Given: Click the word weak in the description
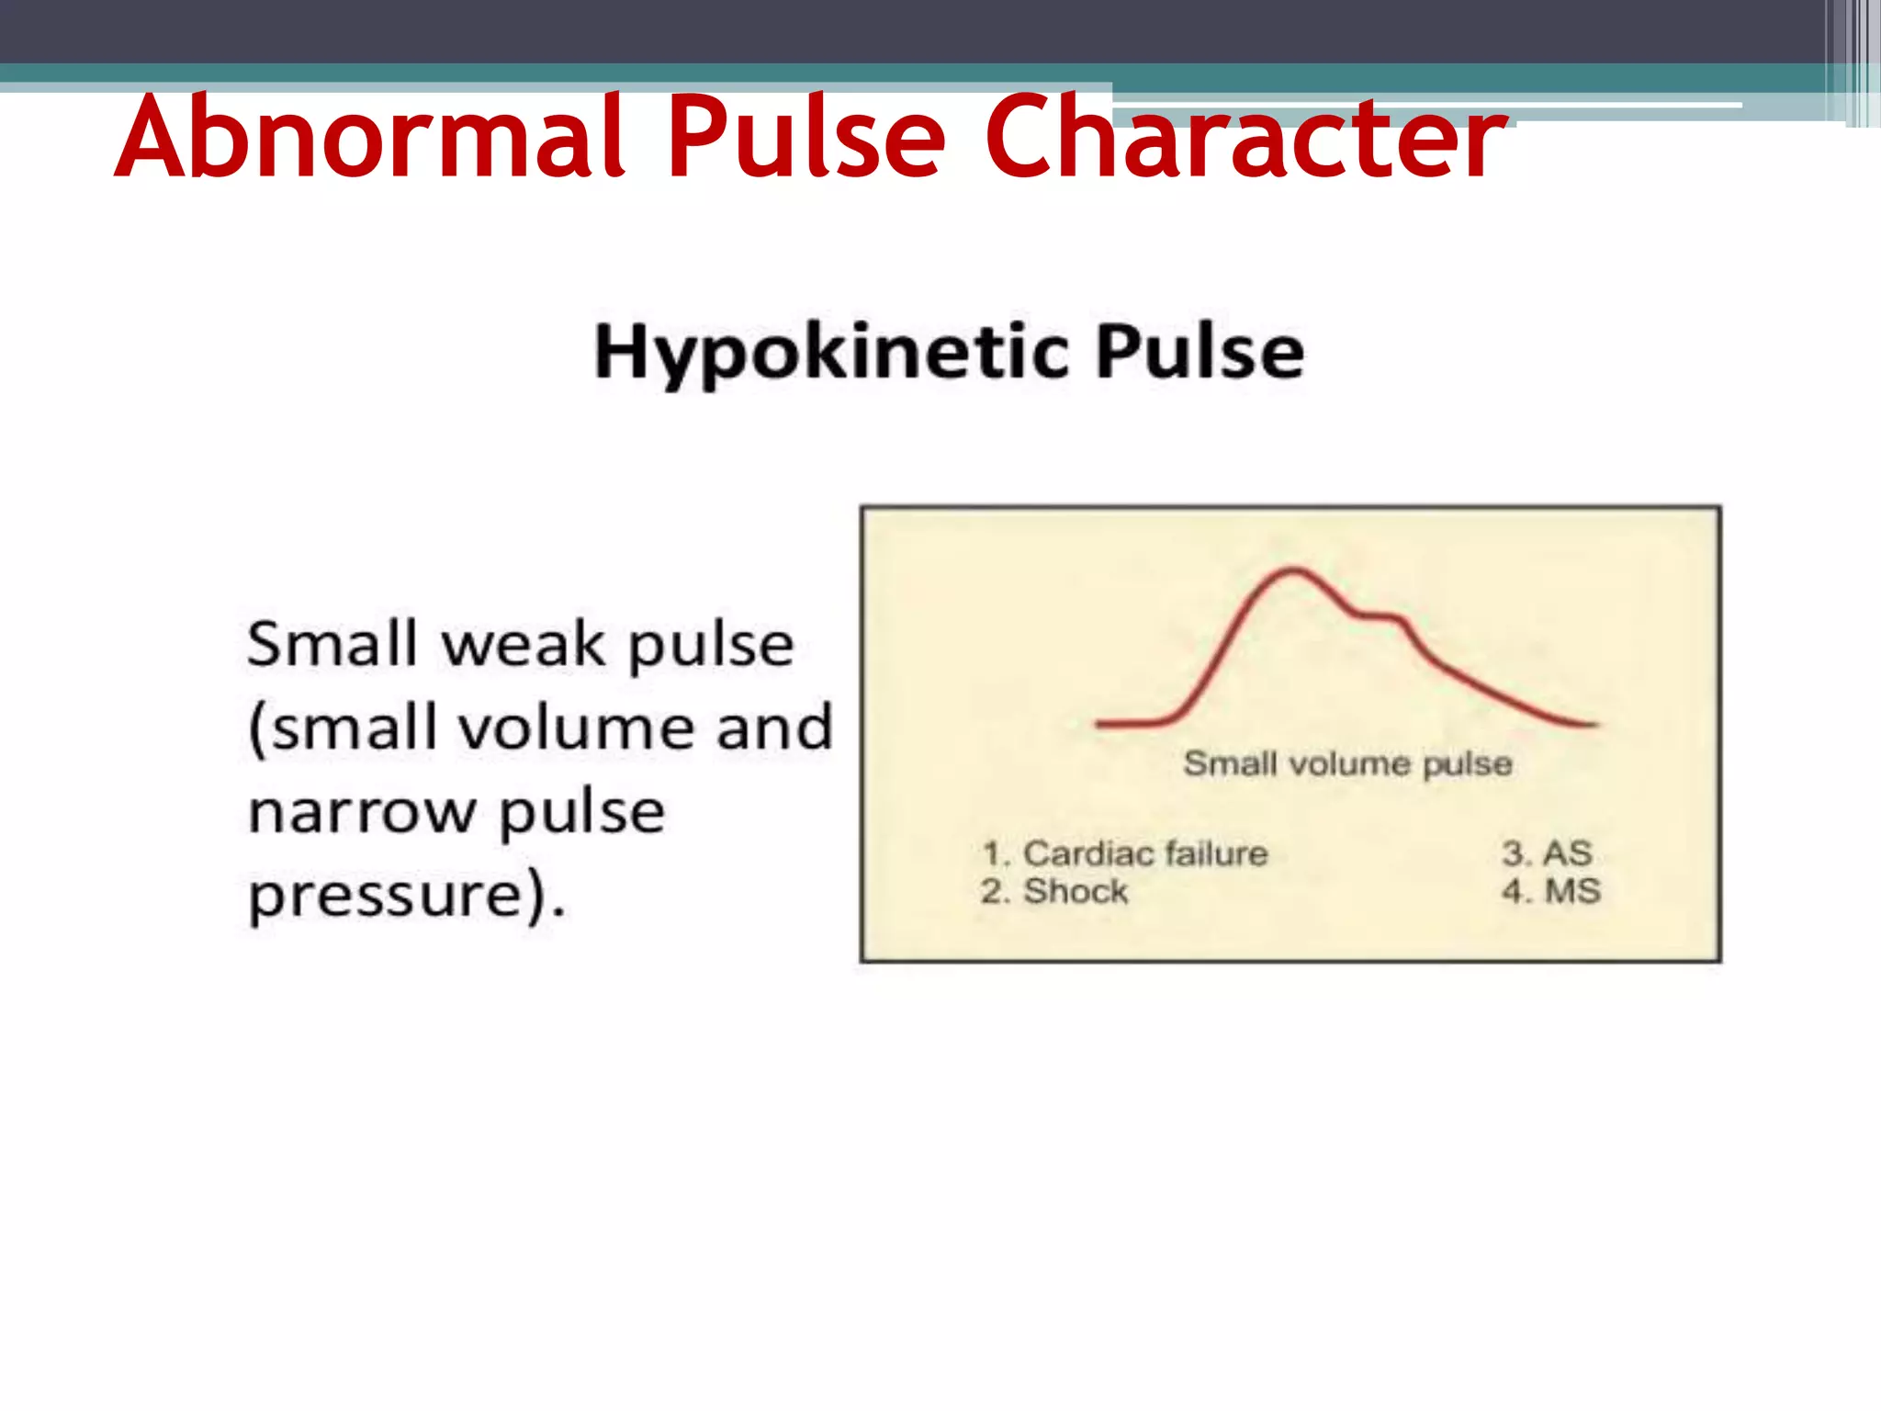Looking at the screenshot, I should pyautogui.click(x=524, y=645).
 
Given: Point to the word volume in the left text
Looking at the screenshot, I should pyautogui.click(x=576, y=728).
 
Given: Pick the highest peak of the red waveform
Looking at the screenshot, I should pyautogui.click(x=1294, y=570).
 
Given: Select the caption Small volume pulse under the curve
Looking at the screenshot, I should pyautogui.click(x=1347, y=764).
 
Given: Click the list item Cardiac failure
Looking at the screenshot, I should pyautogui.click(x=1144, y=853).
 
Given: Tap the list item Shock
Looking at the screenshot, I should pyautogui.click(x=1076, y=891).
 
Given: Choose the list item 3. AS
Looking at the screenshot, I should pyautogui.click(x=1547, y=853).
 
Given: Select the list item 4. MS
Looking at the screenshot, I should pyautogui.click(x=1551, y=891).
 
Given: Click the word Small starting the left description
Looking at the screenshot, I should pyautogui.click(x=332, y=645).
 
